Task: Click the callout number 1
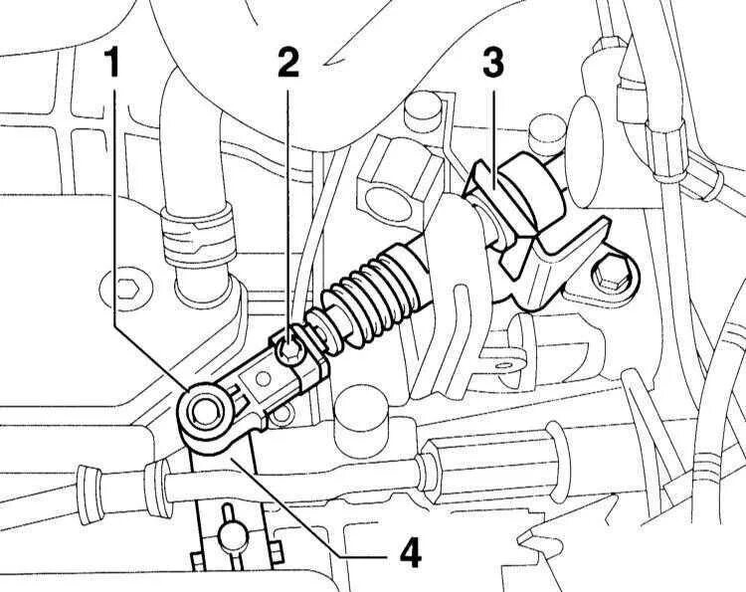112,65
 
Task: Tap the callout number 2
287,64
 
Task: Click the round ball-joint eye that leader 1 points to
206,411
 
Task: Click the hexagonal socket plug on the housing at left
126,291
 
